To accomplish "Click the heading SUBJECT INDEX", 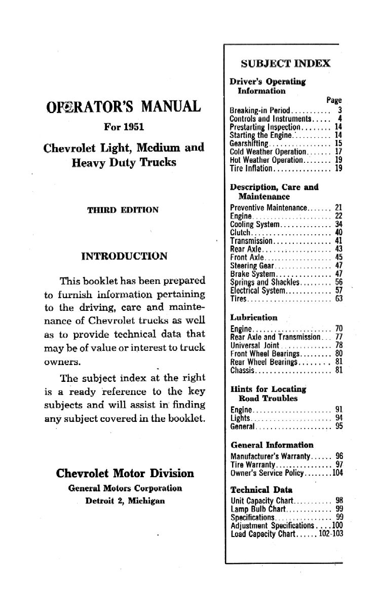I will (286, 63).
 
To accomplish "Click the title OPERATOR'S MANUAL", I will (123, 108).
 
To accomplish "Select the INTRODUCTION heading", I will (124, 256).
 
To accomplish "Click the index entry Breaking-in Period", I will (252, 110).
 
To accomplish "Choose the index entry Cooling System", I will (254, 224).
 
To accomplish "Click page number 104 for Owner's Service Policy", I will (337, 473).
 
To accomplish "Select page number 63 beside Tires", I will (339, 298).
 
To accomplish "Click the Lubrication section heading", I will (254, 317).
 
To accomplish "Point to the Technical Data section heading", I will (261, 490).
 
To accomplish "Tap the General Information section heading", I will (272, 445).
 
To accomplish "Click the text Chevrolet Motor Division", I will (125, 473).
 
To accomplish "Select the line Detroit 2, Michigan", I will (125, 500).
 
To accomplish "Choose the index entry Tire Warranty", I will (252, 465).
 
